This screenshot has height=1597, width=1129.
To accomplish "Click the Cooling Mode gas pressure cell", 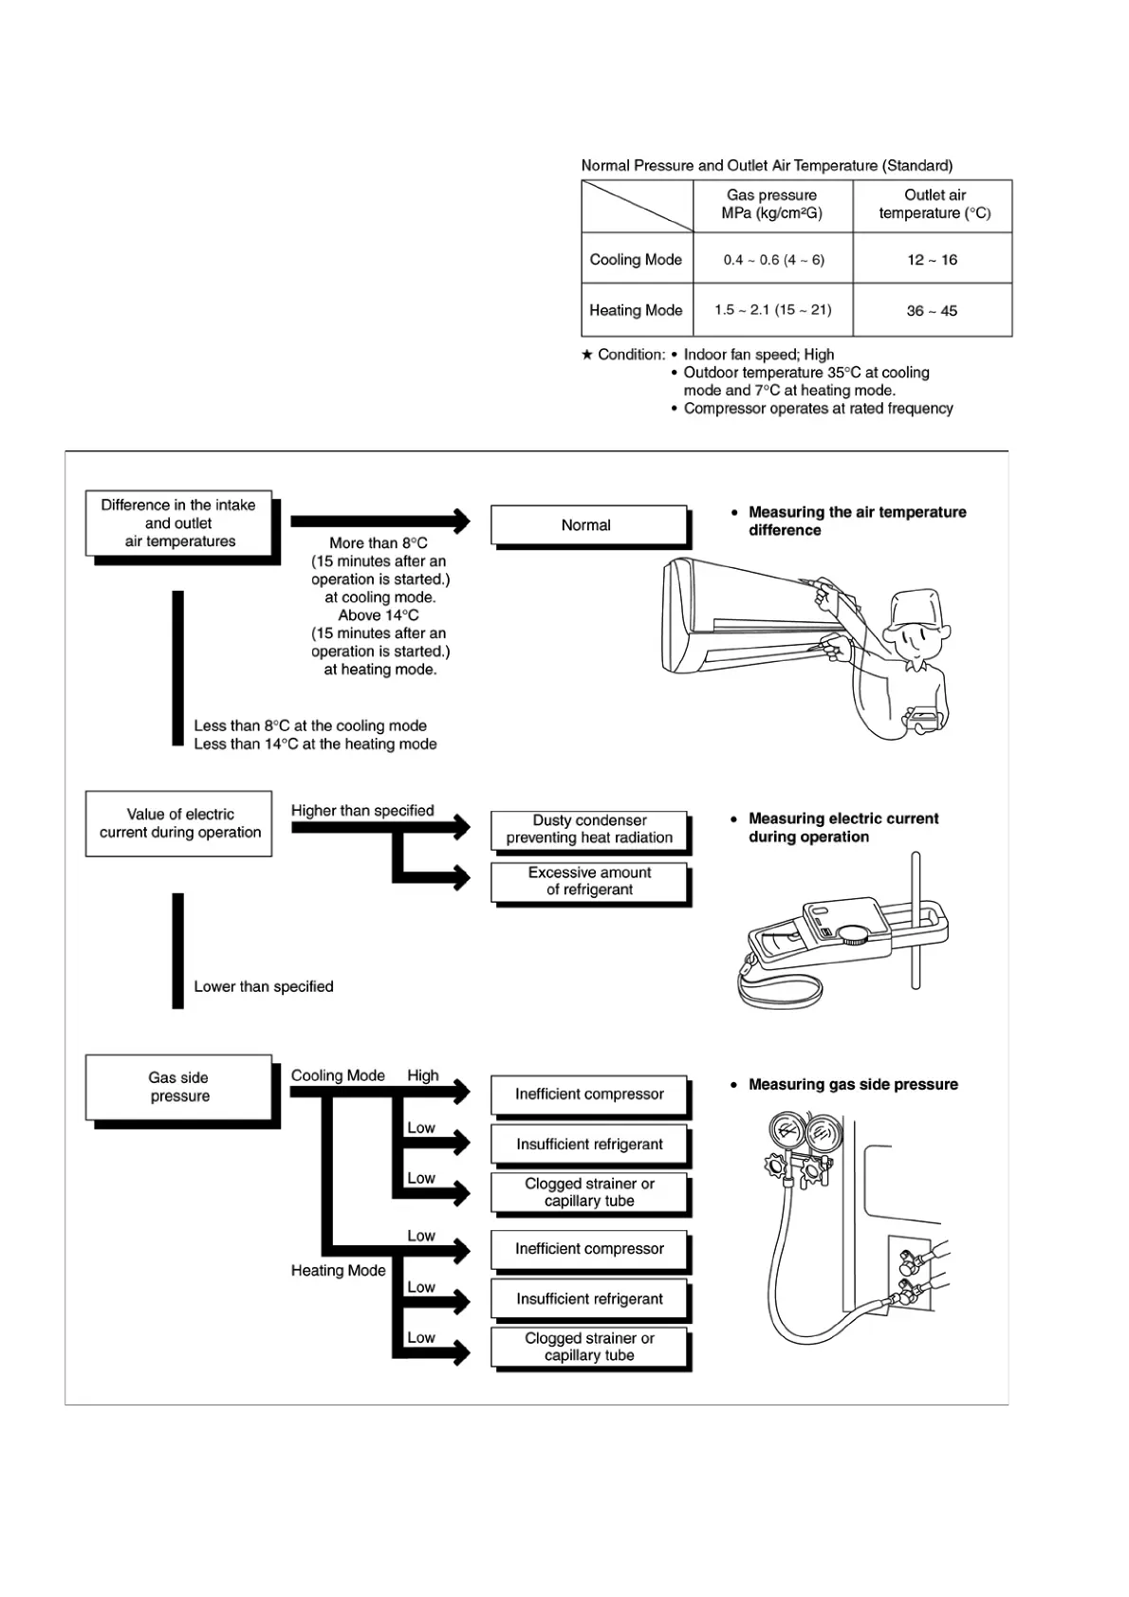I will [773, 259].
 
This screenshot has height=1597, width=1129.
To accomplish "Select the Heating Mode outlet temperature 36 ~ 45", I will [932, 310].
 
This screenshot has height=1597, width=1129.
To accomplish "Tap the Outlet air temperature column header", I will [934, 204].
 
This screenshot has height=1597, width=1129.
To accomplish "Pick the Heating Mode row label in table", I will [636, 310].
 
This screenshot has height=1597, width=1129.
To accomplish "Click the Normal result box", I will [587, 525].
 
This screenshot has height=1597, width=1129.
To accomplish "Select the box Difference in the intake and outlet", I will [178, 523].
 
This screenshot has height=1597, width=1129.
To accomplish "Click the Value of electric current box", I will [179, 823].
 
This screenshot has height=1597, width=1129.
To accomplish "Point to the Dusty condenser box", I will [589, 829].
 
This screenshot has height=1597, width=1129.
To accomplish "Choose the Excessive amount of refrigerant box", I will [589, 881].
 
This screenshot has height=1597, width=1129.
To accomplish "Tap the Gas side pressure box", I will [179, 1087].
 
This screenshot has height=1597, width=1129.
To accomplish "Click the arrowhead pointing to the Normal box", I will [461, 521].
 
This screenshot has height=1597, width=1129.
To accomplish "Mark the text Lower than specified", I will [264, 986].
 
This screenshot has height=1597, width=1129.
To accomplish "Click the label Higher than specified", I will [362, 811].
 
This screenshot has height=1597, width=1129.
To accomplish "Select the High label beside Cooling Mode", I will [423, 1075].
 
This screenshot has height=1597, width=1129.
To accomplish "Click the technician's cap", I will [918, 608].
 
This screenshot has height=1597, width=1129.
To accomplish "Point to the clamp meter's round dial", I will [854, 934].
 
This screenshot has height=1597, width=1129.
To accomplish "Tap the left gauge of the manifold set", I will [787, 1132].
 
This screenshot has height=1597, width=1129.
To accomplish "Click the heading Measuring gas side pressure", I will [853, 1084].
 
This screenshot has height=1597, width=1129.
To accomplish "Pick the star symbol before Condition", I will [587, 355].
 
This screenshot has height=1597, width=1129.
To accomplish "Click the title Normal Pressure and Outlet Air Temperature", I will [767, 165].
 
